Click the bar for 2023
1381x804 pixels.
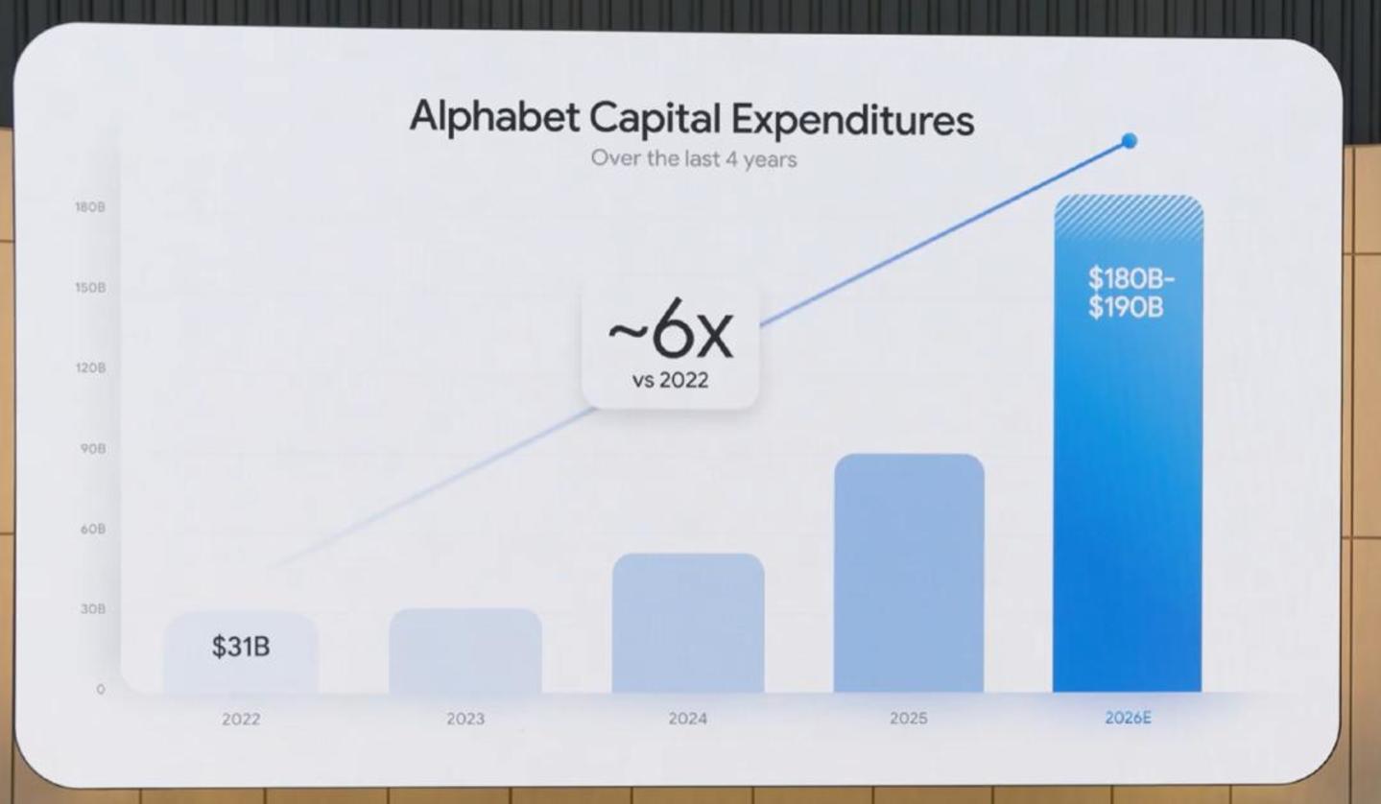(x=465, y=650)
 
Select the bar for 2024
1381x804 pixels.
(x=688, y=623)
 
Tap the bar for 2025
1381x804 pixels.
(x=909, y=574)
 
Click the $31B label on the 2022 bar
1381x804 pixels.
(x=241, y=647)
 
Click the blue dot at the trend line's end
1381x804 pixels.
(x=1130, y=141)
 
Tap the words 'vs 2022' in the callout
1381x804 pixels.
(x=670, y=381)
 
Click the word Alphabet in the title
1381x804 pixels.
(x=494, y=117)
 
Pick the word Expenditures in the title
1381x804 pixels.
(x=853, y=120)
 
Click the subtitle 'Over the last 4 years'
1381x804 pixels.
(x=694, y=159)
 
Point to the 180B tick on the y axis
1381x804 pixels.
(x=90, y=207)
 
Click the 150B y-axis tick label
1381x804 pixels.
(x=90, y=288)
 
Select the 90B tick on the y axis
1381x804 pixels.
(x=93, y=449)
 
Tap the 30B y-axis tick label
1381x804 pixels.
(x=93, y=609)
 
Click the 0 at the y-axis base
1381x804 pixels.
(x=101, y=689)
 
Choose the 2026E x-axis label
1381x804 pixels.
(x=1129, y=719)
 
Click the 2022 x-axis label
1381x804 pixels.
(x=241, y=720)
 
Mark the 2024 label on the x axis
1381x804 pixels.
(x=688, y=719)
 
